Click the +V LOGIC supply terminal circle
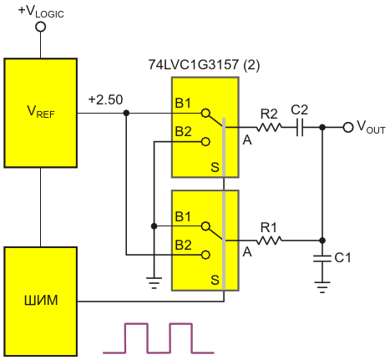(41, 27)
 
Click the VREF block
(41, 113)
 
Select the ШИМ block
(41, 302)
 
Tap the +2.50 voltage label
(105, 99)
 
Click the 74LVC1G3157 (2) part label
(204, 64)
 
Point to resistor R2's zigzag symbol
(269, 128)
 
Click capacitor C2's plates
(300, 128)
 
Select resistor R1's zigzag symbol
(269, 241)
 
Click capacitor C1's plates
(322, 259)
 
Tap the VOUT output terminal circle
(348, 128)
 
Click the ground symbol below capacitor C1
(322, 287)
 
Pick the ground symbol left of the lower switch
(154, 283)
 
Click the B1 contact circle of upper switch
(205, 113)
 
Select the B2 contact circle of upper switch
(205, 142)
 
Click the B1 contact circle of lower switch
(205, 226)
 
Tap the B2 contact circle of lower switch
(205, 255)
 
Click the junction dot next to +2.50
(126, 113)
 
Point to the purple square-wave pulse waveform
(159, 338)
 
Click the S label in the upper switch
(215, 167)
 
